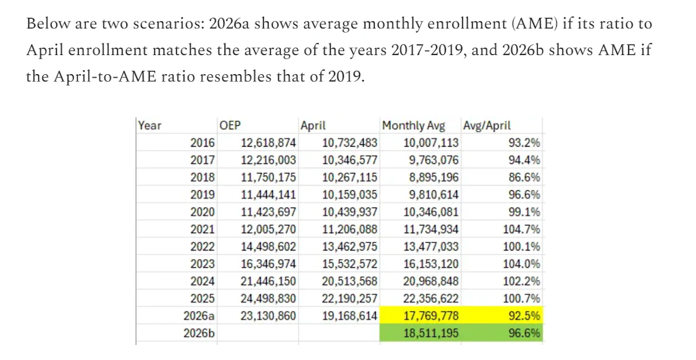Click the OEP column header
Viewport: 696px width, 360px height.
pyautogui.click(x=230, y=125)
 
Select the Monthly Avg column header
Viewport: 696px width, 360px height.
pyautogui.click(x=414, y=125)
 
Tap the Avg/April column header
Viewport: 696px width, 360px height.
pyautogui.click(x=487, y=125)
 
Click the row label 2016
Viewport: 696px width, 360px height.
pyautogui.click(x=202, y=143)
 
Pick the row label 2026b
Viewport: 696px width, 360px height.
pyautogui.click(x=199, y=333)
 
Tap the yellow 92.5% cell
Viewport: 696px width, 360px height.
pyautogui.click(x=502, y=315)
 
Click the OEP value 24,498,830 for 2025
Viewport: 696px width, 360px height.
pyautogui.click(x=268, y=299)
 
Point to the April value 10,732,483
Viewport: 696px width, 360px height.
pyautogui.click(x=350, y=143)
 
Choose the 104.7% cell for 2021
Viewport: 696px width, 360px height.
pyautogui.click(x=521, y=229)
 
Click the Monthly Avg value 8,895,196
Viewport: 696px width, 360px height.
pyautogui.click(x=433, y=177)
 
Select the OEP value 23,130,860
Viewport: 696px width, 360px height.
pyautogui.click(x=268, y=316)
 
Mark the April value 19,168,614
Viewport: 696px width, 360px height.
pyautogui.click(x=350, y=316)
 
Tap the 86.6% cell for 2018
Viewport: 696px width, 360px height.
pyautogui.click(x=524, y=177)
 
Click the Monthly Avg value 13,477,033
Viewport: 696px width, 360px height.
pyautogui.click(x=431, y=246)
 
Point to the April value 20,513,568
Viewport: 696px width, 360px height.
pyautogui.click(x=350, y=281)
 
